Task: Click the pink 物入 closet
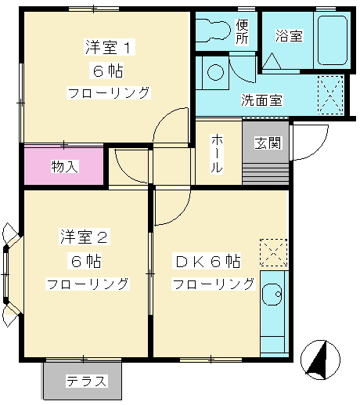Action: tap(64, 166)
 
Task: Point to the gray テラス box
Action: tap(86, 381)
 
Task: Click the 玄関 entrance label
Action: tap(267, 143)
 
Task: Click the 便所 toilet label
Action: tap(243, 31)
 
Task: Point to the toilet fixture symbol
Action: tap(211, 29)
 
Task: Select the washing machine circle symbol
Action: tap(214, 73)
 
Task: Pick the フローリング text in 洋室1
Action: tap(109, 92)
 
